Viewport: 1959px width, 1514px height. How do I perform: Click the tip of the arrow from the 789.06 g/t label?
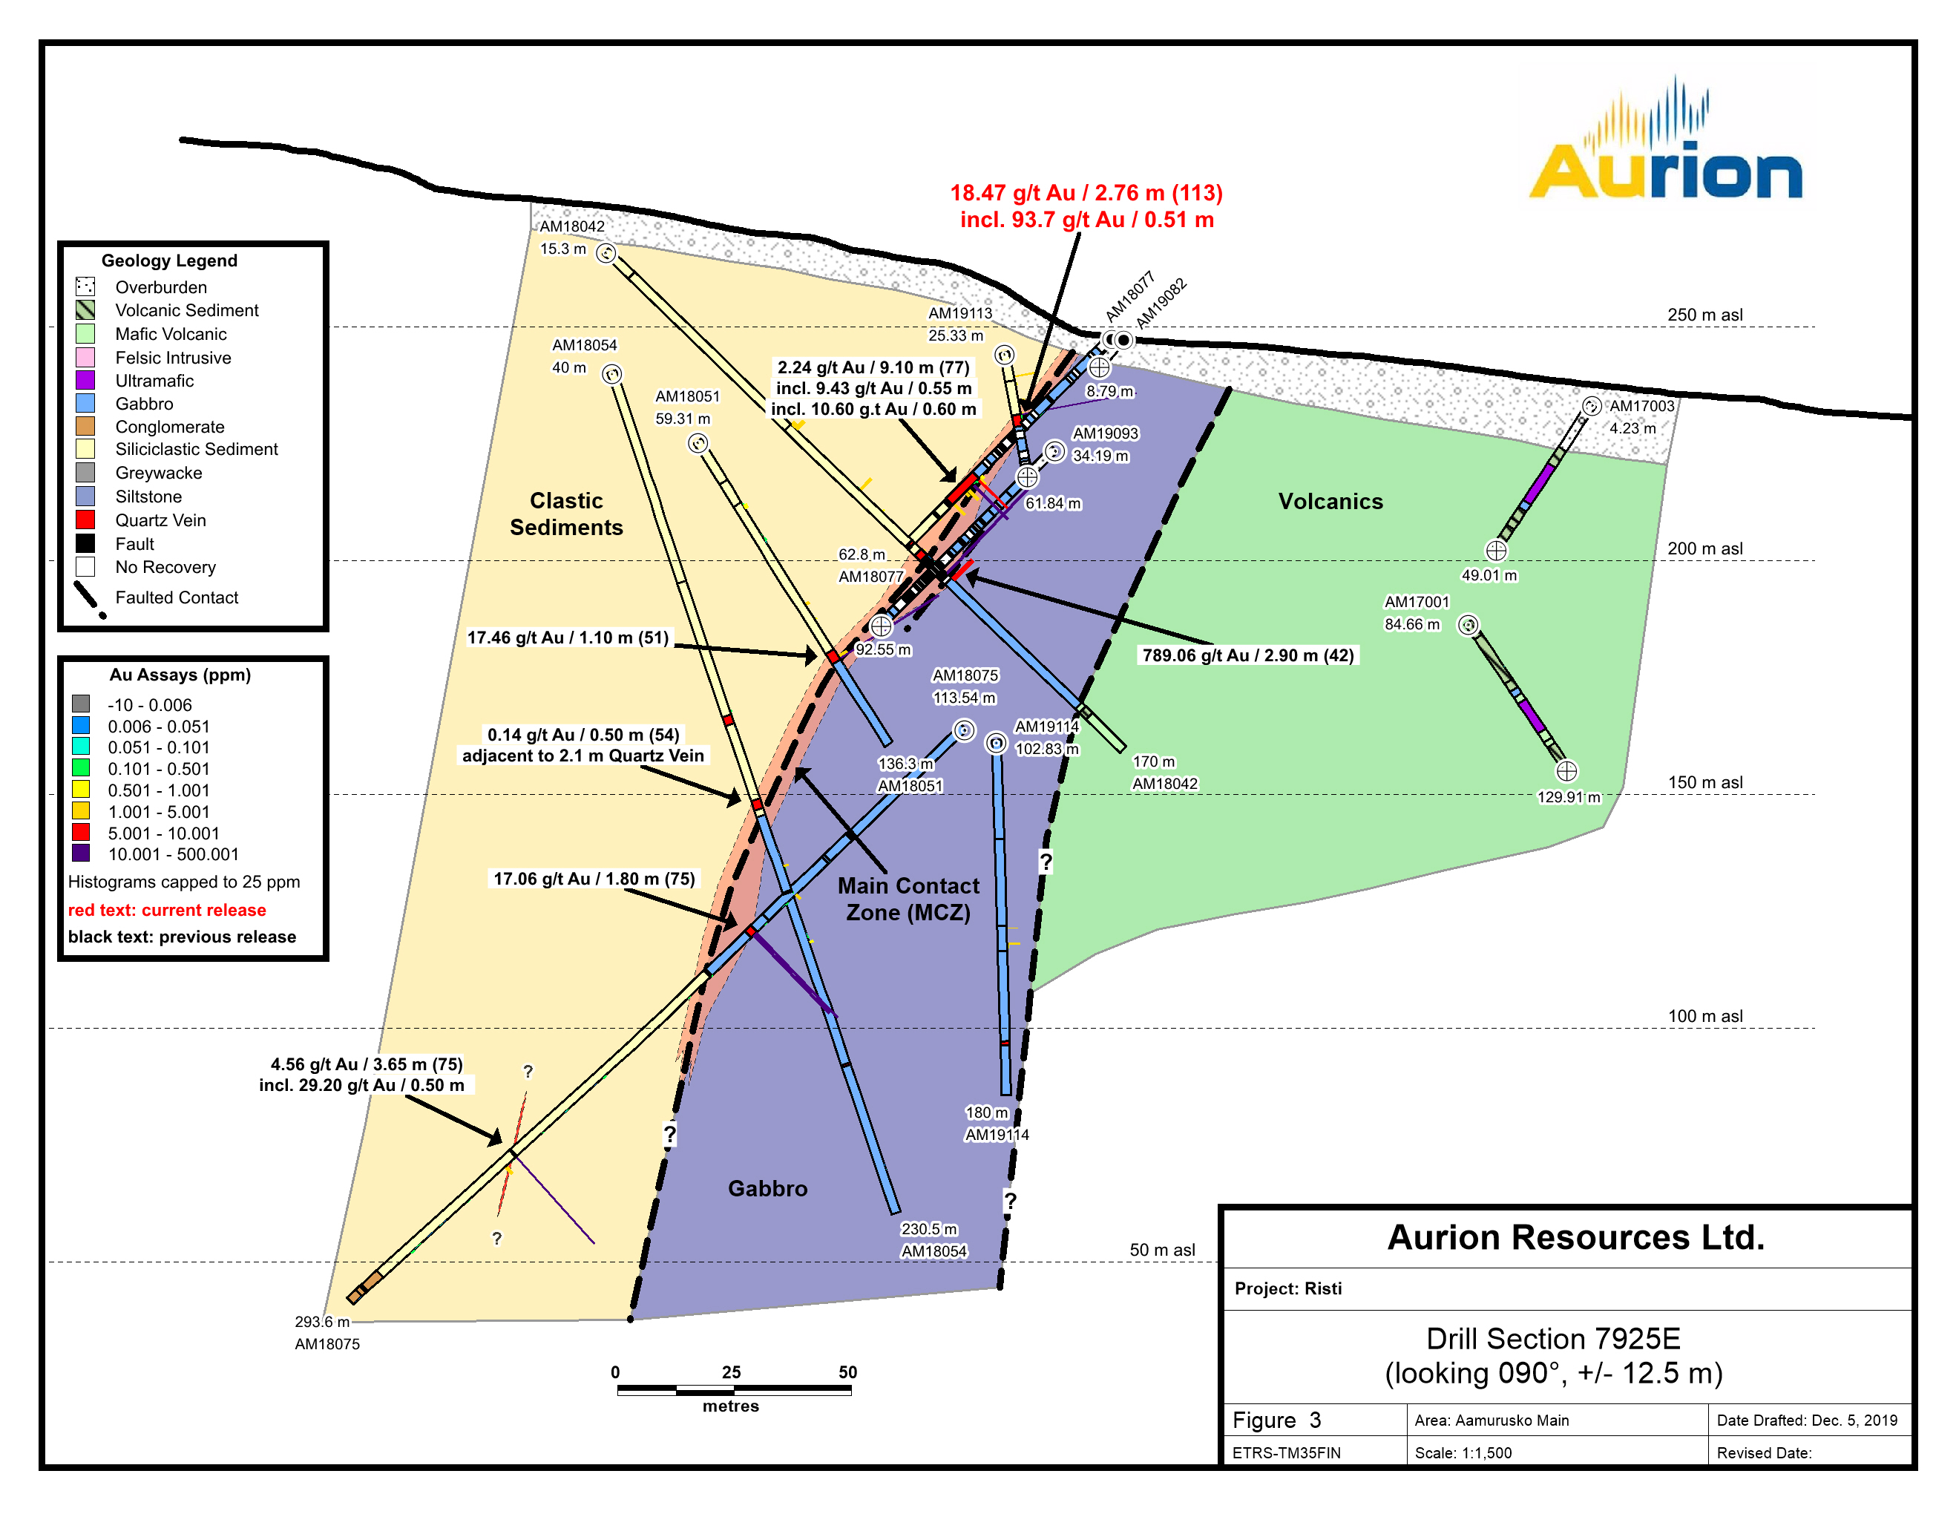coord(966,577)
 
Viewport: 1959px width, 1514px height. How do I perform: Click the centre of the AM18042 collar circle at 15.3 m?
coord(607,254)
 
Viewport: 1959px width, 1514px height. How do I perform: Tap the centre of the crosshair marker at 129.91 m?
coord(1566,771)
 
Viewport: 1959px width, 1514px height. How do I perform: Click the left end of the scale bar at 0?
coord(618,1391)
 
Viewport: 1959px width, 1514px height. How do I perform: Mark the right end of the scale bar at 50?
coord(850,1391)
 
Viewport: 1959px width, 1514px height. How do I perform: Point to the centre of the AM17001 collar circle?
coord(1468,625)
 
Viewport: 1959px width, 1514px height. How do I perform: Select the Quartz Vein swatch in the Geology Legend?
coord(85,520)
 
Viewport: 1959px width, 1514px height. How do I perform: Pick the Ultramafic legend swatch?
coord(85,380)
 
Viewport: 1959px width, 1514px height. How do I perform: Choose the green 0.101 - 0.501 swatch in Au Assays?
coord(81,769)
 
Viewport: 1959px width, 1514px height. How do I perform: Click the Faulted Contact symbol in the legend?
coord(90,599)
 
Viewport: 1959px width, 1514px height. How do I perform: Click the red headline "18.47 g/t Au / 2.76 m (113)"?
coord(1086,193)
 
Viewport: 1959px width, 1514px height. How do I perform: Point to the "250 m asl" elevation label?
coord(1704,315)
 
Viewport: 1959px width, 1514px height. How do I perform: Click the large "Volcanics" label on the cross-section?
coord(1330,502)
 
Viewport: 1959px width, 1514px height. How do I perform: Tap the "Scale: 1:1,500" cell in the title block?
coord(1463,1452)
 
